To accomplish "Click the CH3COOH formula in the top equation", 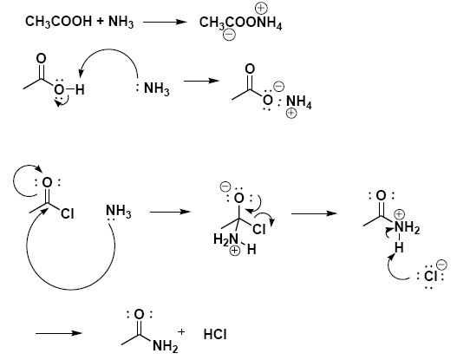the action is (58, 22).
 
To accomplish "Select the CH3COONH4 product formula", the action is (240, 23).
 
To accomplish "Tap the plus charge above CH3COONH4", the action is (261, 8).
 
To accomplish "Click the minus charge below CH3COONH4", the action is (229, 35).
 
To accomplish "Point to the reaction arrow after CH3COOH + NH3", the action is (165, 22).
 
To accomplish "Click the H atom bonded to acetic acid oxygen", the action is (80, 89).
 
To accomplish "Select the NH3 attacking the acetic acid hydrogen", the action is (156, 88).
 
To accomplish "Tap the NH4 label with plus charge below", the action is (298, 102).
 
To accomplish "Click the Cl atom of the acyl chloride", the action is (68, 213).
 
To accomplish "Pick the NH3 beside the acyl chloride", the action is (118, 211).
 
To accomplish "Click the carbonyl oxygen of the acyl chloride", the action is (47, 182).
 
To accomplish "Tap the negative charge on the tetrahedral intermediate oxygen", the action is (225, 187).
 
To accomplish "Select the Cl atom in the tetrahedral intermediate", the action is (259, 229).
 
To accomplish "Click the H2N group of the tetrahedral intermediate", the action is (225, 239).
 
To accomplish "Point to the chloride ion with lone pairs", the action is (430, 276).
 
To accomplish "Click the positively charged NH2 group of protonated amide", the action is (408, 227).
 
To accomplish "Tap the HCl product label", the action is (215, 334).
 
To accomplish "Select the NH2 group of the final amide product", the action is (165, 346).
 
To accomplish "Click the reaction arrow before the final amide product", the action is (59, 333).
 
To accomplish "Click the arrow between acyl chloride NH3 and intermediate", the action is (170, 212).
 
